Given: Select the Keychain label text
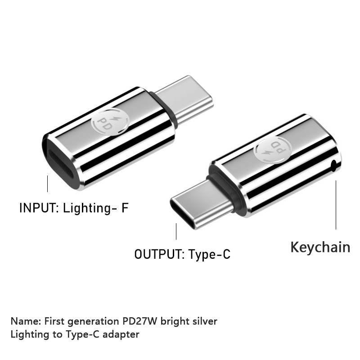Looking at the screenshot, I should [x=320, y=247].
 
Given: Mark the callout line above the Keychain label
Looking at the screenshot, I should [x=336, y=205].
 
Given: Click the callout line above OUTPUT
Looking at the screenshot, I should [x=176, y=232].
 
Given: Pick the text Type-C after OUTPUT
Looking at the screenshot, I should [x=209, y=255].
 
